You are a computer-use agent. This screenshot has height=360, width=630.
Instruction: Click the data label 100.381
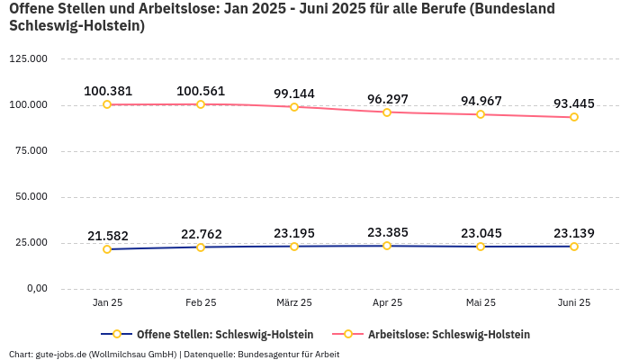coord(108,91)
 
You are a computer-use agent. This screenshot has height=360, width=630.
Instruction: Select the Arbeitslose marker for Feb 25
coord(201,104)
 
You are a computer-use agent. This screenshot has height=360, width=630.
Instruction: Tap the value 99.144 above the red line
coord(294,94)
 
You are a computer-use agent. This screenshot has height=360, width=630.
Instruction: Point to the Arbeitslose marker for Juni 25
coord(573,117)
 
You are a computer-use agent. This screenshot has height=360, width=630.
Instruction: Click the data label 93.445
coord(573,103)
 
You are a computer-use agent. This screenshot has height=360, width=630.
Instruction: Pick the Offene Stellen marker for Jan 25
coord(107,249)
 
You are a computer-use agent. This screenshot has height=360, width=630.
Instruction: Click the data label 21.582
coord(108,236)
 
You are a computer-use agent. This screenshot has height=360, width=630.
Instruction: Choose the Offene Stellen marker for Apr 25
coord(387,246)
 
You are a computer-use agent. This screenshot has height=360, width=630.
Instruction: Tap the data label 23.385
coord(387,232)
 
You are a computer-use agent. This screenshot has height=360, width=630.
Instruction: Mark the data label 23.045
coord(481,233)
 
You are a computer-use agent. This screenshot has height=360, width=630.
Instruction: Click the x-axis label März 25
coord(294,303)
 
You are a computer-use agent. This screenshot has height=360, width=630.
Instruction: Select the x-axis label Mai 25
coord(481,303)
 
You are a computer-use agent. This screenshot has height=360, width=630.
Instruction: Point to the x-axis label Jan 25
coord(108,303)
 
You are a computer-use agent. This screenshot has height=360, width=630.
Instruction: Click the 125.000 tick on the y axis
coord(28,59)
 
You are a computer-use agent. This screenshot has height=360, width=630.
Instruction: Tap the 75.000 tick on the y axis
coord(31,151)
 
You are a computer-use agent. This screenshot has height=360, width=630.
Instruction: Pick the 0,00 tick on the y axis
coord(36,288)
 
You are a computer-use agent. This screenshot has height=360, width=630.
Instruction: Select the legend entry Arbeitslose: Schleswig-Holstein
coord(448,334)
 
